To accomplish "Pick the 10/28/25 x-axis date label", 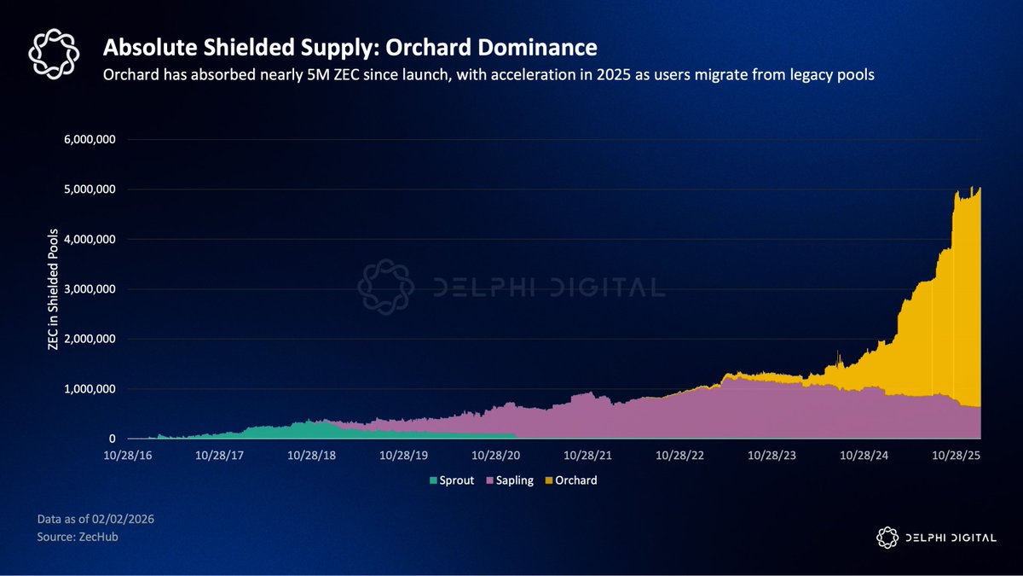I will coord(957,457).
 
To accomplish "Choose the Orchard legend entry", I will coord(573,480).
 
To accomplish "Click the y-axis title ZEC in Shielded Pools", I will coord(53,288).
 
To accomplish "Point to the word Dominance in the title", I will coord(533,44).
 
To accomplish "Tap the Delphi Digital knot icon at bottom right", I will coord(887,537).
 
